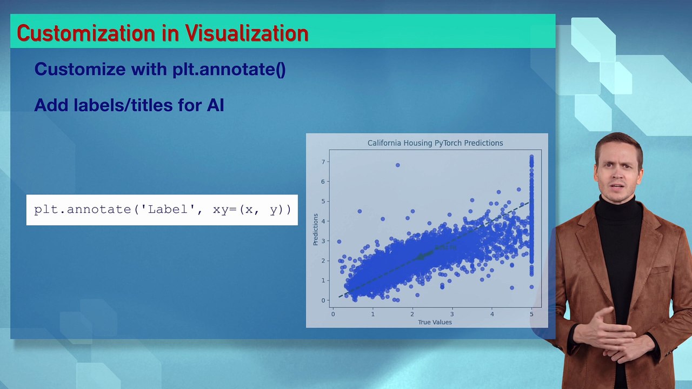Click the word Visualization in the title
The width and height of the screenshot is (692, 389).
(x=247, y=33)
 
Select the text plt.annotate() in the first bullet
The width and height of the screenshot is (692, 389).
(x=229, y=69)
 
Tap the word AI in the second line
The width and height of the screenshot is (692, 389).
(x=215, y=105)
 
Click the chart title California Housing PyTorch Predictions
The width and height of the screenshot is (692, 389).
(x=435, y=143)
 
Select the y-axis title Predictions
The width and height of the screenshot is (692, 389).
(x=316, y=230)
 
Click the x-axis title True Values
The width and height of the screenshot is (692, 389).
(x=435, y=322)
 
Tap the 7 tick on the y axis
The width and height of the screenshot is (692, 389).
(x=323, y=162)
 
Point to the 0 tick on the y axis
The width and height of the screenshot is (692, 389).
(x=323, y=300)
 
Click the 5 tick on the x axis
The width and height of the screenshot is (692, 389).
(x=531, y=314)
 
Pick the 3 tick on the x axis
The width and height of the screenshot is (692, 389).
(x=452, y=314)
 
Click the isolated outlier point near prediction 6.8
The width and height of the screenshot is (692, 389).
(x=398, y=165)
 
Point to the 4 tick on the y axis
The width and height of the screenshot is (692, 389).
(x=323, y=221)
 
